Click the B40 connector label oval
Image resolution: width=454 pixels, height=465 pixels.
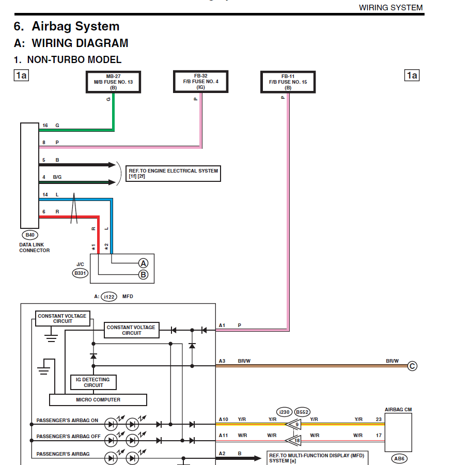pyautogui.click(x=30, y=235)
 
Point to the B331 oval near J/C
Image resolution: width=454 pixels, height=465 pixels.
pyautogui.click(x=81, y=273)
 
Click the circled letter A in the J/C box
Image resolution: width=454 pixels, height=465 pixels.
pyautogui.click(x=143, y=263)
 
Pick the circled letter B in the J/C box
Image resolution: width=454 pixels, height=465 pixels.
pyautogui.click(x=143, y=275)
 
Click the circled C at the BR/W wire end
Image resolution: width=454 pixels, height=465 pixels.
pyautogui.click(x=412, y=366)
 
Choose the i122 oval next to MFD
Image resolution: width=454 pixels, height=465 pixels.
pyautogui.click(x=109, y=297)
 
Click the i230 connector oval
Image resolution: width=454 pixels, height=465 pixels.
pyautogui.click(x=285, y=412)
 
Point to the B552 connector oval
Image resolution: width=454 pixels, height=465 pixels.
pyautogui.click(x=302, y=412)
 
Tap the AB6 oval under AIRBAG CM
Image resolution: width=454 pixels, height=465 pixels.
pyautogui.click(x=399, y=458)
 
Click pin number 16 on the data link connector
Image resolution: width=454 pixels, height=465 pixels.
pyautogui.click(x=45, y=126)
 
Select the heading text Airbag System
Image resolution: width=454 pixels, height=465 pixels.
pyautogui.click(x=75, y=26)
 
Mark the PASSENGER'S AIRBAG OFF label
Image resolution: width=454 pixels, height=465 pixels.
pyautogui.click(x=69, y=436)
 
